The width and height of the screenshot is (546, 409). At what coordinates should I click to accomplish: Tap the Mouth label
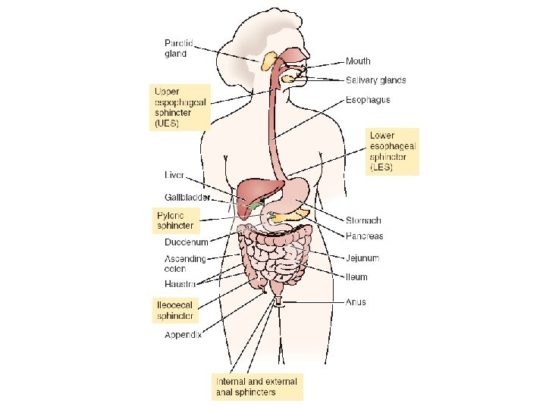[358, 61]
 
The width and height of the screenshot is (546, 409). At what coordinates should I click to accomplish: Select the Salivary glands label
[375, 80]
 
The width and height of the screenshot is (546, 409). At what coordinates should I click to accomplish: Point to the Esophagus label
[368, 99]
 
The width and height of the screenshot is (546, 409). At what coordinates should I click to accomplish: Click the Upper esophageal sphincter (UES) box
[178, 107]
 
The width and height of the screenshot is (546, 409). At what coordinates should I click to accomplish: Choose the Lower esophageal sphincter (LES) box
[393, 151]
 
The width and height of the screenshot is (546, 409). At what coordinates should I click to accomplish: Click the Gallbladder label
[187, 196]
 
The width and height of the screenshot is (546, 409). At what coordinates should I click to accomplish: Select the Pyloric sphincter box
[175, 220]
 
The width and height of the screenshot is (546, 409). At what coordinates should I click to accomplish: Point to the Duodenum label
[187, 242]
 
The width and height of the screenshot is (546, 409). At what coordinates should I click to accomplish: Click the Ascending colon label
[185, 264]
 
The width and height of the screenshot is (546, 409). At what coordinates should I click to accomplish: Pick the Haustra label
[180, 284]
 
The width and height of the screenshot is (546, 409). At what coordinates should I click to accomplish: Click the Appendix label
[184, 334]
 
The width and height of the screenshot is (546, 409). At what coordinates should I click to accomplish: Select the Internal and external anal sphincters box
[256, 386]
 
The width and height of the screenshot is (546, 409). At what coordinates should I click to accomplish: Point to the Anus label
[356, 302]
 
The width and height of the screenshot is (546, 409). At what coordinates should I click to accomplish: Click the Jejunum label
[362, 258]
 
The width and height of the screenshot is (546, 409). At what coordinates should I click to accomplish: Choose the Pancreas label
[365, 236]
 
